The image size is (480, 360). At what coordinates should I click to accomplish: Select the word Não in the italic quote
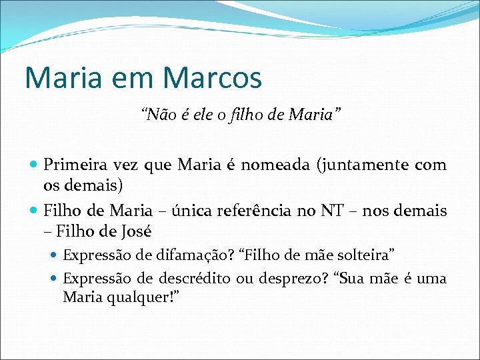pyautogui.click(x=155, y=116)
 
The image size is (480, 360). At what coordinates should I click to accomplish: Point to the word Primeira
pyautogui.click(x=74, y=165)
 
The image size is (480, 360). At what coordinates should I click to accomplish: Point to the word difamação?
pyautogui.click(x=173, y=255)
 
